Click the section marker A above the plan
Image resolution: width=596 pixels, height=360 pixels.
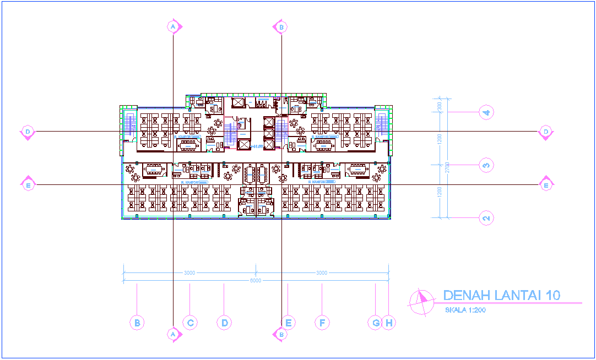click(173, 26)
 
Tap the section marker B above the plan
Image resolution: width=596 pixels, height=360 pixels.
click(281, 26)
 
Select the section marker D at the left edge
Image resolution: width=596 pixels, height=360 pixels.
click(27, 132)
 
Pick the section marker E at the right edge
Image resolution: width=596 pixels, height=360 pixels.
click(546, 185)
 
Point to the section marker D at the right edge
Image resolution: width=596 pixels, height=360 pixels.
click(545, 132)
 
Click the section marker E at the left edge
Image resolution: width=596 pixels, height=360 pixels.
click(27, 186)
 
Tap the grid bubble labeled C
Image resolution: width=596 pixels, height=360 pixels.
click(190, 323)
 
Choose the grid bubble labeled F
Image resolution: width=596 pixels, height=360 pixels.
click(322, 323)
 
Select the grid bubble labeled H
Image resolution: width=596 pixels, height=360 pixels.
click(389, 323)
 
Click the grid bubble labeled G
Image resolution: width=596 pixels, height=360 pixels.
click(376, 323)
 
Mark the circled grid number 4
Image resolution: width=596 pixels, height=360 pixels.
click(486, 112)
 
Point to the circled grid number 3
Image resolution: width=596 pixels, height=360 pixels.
click(486, 165)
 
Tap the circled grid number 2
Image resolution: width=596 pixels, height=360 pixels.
click(486, 218)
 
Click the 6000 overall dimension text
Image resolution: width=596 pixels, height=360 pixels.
click(256, 281)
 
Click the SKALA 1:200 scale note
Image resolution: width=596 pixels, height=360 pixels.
click(465, 310)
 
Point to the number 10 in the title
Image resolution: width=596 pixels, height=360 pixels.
click(552, 296)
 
